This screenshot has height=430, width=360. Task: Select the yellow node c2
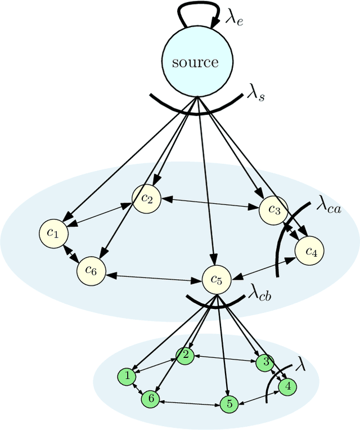click(x=146, y=198)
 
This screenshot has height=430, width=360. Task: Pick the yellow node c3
click(x=274, y=210)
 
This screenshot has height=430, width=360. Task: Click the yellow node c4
click(x=310, y=252)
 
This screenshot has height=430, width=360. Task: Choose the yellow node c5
click(x=217, y=279)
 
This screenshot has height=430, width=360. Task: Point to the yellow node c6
click(x=91, y=271)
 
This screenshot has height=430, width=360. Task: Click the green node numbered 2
click(x=184, y=355)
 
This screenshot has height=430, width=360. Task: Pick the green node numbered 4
click(x=288, y=387)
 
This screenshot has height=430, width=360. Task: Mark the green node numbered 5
click(x=228, y=404)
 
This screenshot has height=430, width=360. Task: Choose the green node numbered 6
click(x=150, y=398)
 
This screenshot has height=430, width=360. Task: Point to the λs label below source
click(x=256, y=93)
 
